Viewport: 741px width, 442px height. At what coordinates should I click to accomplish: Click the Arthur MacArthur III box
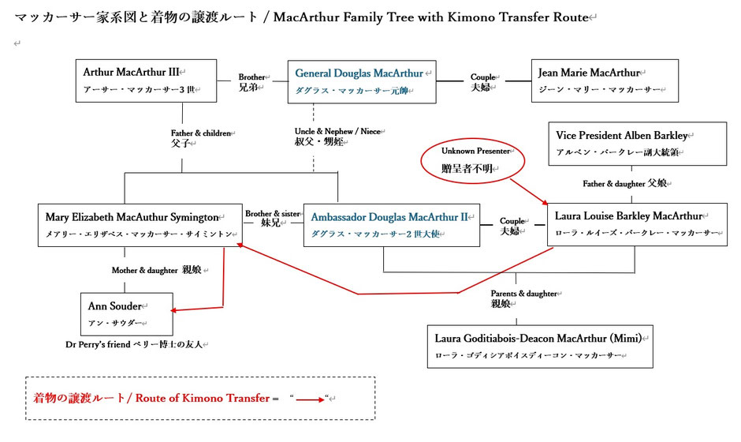click(x=147, y=81)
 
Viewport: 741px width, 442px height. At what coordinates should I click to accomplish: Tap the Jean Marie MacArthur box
click(x=605, y=81)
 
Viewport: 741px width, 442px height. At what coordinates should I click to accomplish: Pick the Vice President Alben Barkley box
click(x=637, y=144)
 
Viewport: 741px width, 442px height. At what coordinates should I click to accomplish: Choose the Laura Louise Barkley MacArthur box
click(x=637, y=224)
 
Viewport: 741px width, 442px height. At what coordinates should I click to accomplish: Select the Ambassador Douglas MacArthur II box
click(x=390, y=224)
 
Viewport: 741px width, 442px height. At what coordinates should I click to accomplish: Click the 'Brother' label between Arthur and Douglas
click(x=253, y=82)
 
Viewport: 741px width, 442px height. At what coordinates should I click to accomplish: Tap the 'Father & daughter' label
click(x=625, y=183)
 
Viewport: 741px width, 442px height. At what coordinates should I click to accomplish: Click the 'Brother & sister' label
click(x=273, y=218)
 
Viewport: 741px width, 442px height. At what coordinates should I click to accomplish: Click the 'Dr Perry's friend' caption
click(x=139, y=345)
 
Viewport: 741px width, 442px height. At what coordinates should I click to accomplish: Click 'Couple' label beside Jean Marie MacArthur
click(x=483, y=81)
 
